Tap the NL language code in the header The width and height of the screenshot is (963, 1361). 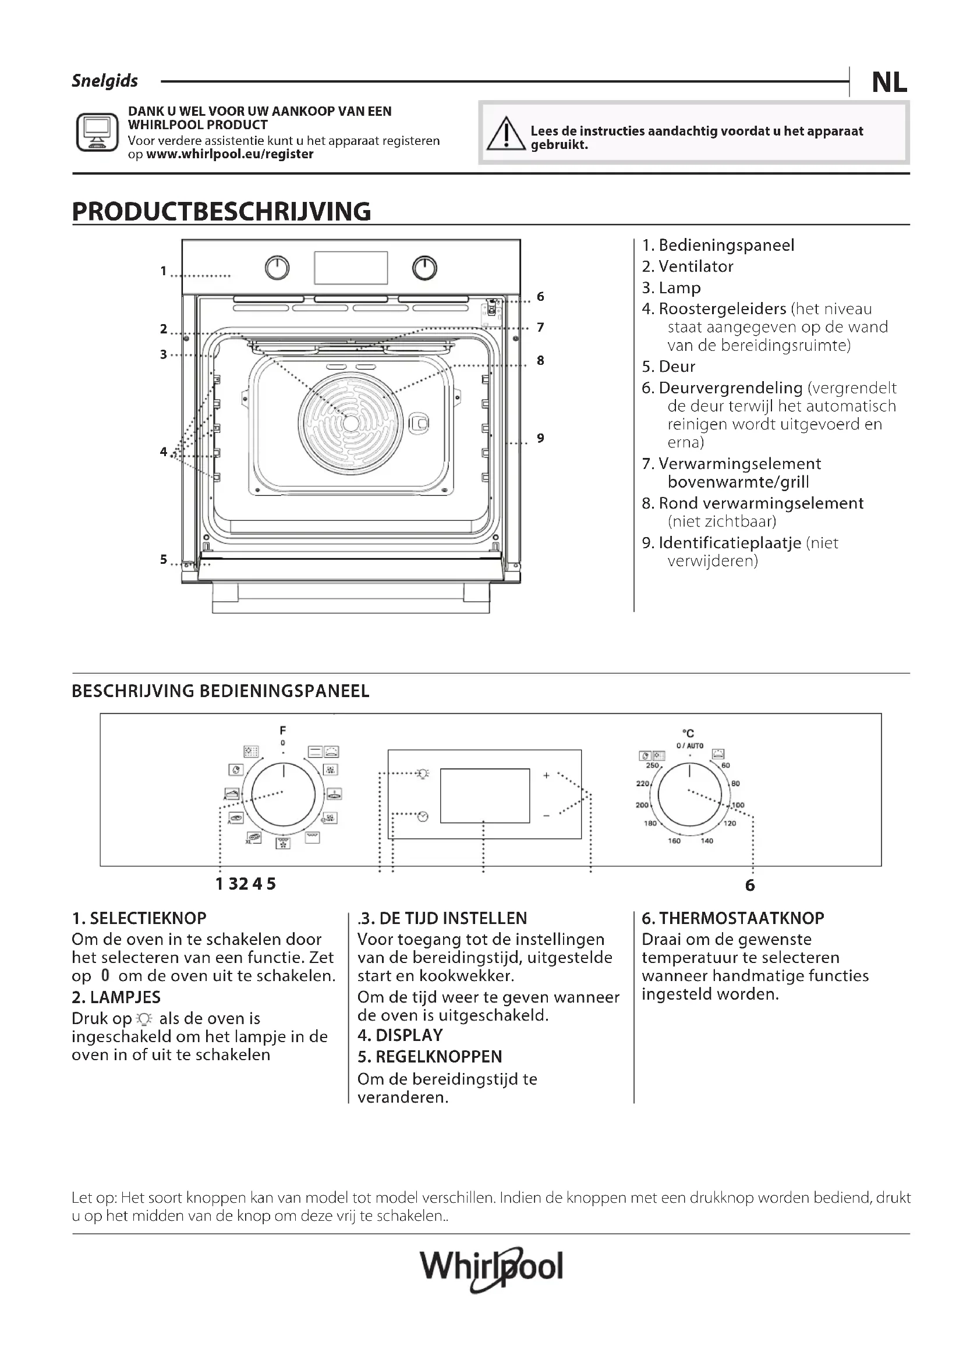click(889, 83)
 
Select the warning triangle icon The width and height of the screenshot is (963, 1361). click(506, 134)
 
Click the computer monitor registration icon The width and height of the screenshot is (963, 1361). click(97, 132)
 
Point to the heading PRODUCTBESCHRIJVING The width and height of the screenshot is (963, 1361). click(221, 212)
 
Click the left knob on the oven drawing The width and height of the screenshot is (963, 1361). click(277, 268)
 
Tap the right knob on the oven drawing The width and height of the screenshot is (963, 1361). click(424, 268)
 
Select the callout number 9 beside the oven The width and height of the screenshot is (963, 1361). click(540, 438)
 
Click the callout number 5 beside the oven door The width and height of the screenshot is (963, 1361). click(164, 559)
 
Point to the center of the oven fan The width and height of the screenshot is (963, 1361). click(350, 423)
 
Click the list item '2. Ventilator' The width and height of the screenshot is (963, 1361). click(687, 266)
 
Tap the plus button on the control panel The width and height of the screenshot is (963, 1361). click(546, 774)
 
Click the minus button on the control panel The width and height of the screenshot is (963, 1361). click(546, 816)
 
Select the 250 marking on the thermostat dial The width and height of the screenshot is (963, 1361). click(652, 765)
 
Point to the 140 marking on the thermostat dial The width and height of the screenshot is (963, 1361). click(707, 841)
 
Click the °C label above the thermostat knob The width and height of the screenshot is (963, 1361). click(688, 733)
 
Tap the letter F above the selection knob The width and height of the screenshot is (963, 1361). click(283, 730)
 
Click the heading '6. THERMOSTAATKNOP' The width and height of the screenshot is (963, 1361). click(733, 918)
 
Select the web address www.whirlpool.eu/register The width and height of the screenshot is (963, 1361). click(229, 154)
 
